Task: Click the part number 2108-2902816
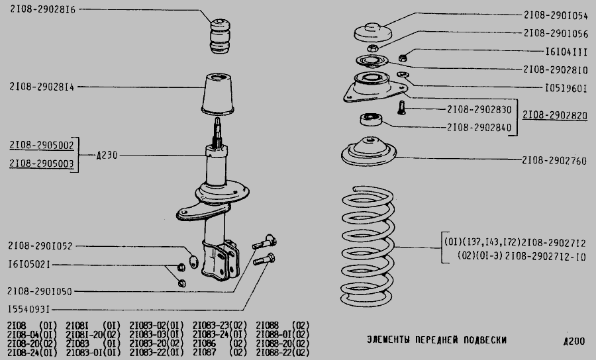[x=42, y=9]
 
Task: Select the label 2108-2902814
[x=42, y=87]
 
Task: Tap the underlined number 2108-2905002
[x=42, y=145]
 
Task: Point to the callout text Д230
[x=107, y=155]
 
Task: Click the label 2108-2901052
[x=40, y=246]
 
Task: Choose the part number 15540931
[x=29, y=310]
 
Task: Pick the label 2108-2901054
[x=556, y=15]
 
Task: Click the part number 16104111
[x=566, y=52]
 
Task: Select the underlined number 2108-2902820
[x=555, y=115]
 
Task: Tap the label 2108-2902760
[x=554, y=161]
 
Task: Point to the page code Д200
[x=574, y=341]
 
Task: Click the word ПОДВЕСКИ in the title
[x=485, y=340]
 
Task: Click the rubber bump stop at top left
[x=220, y=36]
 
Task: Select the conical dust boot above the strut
[x=218, y=94]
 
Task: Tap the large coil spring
[x=367, y=246]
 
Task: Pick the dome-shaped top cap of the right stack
[x=373, y=32]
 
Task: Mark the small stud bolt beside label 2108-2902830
[x=401, y=107]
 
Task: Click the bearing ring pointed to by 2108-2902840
[x=371, y=119]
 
